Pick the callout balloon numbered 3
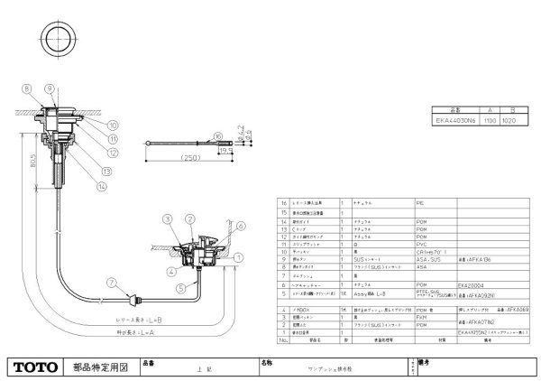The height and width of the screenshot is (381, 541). tap(168, 219)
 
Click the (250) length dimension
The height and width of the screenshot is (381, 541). tap(190, 159)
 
